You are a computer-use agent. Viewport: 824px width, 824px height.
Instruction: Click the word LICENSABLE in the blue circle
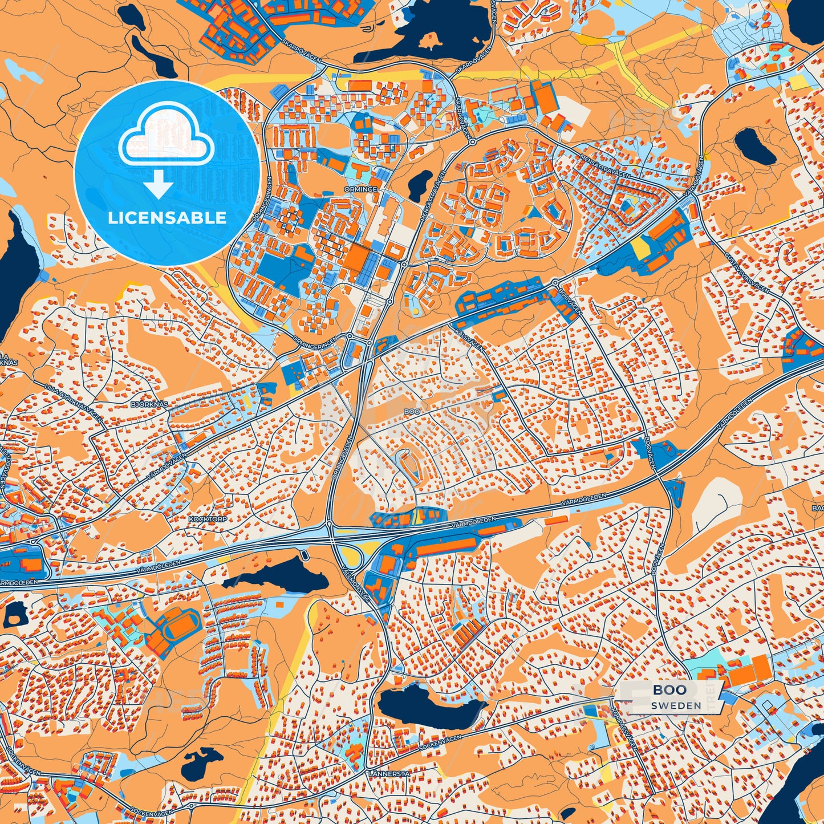pos(167,218)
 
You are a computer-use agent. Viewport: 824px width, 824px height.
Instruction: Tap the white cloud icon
pos(167,143)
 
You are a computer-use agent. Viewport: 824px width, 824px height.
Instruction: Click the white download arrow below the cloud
pos(159,185)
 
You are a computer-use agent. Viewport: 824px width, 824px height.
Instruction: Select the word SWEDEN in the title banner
pos(676,705)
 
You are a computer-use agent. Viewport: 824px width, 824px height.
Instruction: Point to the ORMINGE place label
pos(360,189)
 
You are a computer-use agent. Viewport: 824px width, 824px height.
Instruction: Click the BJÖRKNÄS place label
pos(149,404)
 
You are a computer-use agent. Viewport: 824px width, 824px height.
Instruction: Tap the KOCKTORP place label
pos(208,519)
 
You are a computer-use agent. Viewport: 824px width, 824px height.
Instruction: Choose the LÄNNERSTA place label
pos(389,774)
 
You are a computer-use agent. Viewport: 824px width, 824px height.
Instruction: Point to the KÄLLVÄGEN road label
pos(470,340)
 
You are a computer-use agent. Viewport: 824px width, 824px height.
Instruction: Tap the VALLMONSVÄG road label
pos(357,578)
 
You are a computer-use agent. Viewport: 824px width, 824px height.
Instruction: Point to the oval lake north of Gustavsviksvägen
pos(755,145)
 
